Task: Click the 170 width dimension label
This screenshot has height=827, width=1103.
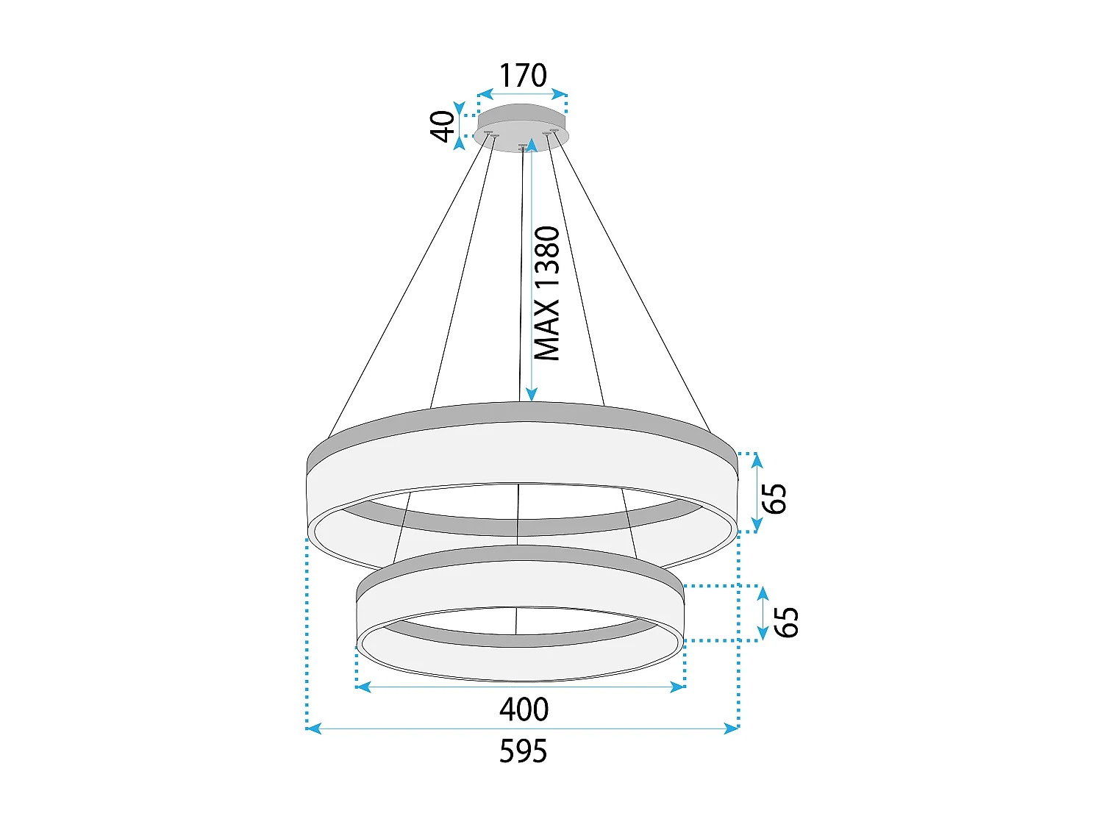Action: (x=523, y=75)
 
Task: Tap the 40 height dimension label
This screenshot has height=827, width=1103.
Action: (x=442, y=126)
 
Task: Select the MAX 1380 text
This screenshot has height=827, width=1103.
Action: (x=547, y=293)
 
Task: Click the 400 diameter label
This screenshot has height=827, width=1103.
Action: (x=524, y=709)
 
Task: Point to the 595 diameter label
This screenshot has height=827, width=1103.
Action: (x=523, y=751)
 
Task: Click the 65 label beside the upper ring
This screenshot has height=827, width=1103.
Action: (x=774, y=498)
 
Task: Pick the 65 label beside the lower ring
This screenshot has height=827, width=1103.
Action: (x=786, y=622)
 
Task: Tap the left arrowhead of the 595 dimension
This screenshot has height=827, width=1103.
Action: (x=313, y=728)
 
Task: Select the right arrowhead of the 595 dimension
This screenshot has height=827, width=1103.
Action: (x=731, y=728)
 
